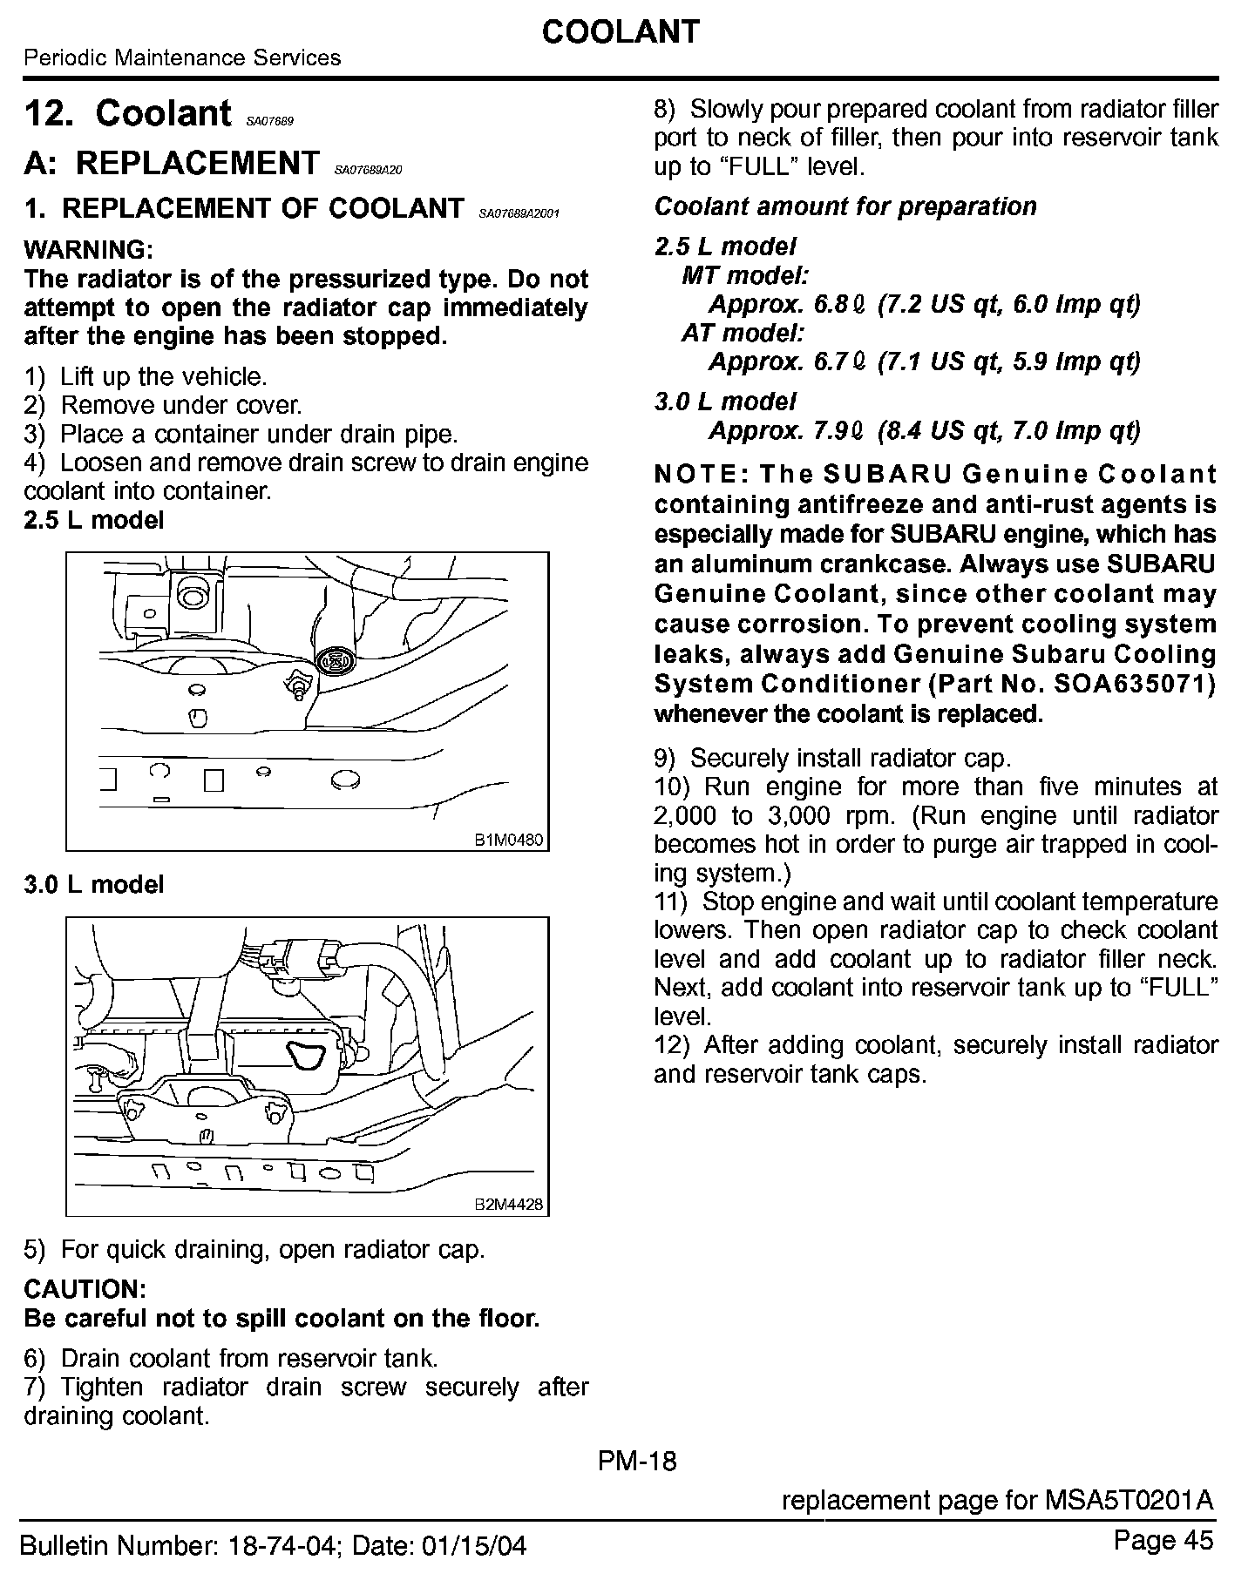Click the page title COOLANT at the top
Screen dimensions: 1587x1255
[x=620, y=32]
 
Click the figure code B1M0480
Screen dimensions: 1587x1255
[x=509, y=841]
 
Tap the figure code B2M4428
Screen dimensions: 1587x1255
[x=509, y=1205]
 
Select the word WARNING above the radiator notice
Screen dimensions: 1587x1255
[x=89, y=250]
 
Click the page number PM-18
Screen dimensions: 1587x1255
[x=637, y=1461]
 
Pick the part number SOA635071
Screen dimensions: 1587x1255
[x=1134, y=684]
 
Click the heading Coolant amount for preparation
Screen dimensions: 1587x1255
[x=845, y=206]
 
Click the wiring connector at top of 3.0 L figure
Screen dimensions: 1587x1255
[x=301, y=956]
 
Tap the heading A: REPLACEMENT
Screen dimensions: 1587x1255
[x=173, y=163]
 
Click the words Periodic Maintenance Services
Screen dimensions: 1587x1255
[x=182, y=58]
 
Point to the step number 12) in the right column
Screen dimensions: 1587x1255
[x=672, y=1044]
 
